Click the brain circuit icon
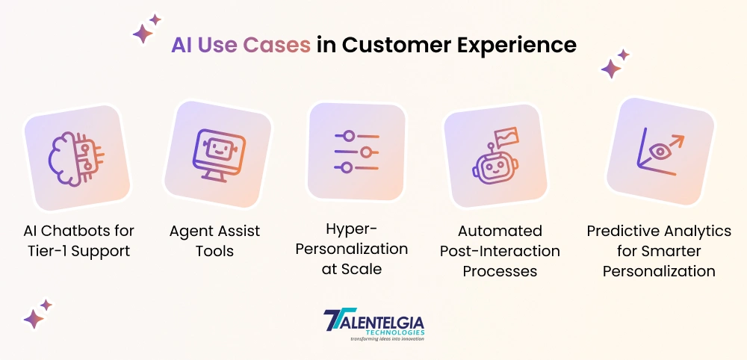76,158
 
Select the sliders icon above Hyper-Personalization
356,152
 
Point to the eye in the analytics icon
660,152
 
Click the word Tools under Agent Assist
215,251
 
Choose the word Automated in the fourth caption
500,231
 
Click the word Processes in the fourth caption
500,271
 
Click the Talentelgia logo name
374,321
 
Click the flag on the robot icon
506,137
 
